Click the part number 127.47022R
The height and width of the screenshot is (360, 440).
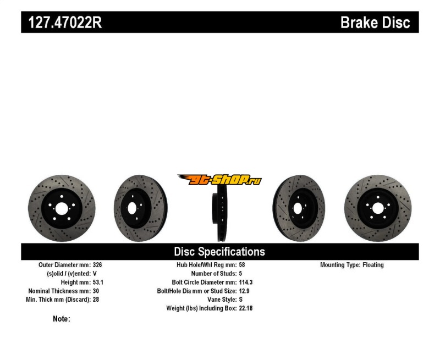click(x=65, y=23)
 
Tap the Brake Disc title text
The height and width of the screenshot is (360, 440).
click(x=375, y=23)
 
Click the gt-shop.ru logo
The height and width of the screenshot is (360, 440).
click(x=219, y=180)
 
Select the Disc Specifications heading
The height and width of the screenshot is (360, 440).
click(x=219, y=252)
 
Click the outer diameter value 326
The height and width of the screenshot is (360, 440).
click(x=97, y=265)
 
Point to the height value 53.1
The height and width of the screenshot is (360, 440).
click(x=98, y=282)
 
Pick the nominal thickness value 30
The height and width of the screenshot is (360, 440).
click(x=96, y=291)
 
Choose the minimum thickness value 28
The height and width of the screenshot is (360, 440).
click(x=96, y=300)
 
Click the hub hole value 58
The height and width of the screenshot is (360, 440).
click(x=242, y=265)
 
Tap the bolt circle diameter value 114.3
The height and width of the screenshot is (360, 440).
click(x=246, y=282)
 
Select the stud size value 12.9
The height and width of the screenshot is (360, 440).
click(x=244, y=291)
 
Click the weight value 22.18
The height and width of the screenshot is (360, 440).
click(x=246, y=308)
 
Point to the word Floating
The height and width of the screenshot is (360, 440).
click(x=373, y=265)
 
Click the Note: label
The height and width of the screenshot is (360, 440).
click(x=62, y=319)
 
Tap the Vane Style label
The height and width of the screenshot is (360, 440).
click(x=222, y=300)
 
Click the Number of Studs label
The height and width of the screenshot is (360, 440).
click(x=214, y=273)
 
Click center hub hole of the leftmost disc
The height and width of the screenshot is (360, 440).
click(x=62, y=209)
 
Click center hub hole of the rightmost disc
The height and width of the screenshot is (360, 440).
click(x=378, y=209)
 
